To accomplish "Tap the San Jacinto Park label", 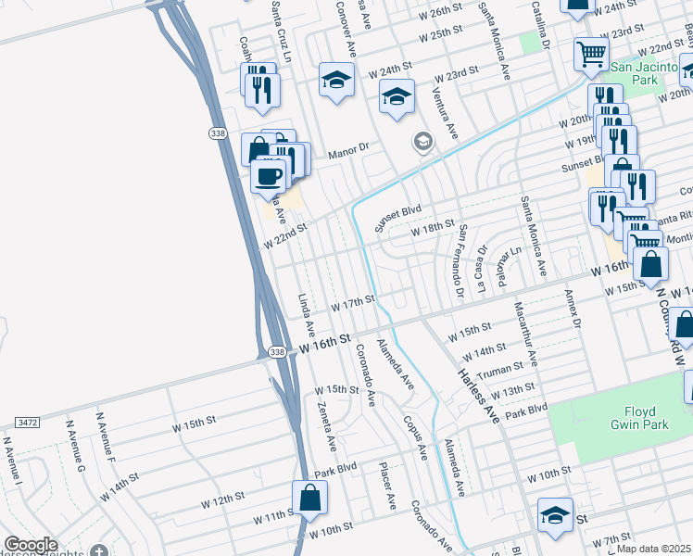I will (x=644, y=73).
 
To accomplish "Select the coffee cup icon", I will (x=270, y=175).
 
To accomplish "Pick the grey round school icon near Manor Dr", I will (x=422, y=142).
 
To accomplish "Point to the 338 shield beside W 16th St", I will (x=276, y=352).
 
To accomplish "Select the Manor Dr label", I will (x=351, y=146).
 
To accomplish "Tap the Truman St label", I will (x=500, y=371).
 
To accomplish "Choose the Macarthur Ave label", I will (x=531, y=344).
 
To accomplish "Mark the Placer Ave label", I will (x=386, y=486).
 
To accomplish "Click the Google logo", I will (x=31, y=546).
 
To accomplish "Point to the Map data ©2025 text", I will (x=652, y=549).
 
